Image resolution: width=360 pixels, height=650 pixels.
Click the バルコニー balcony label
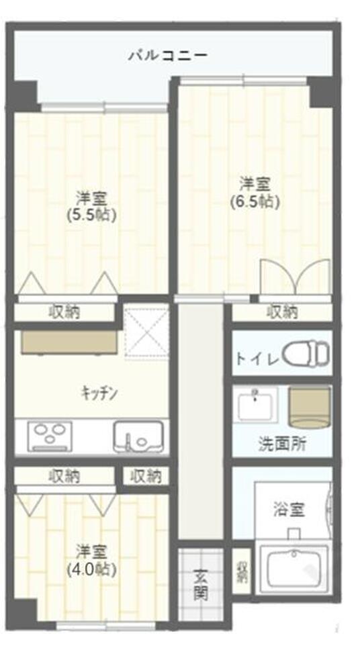pyautogui.click(x=167, y=55)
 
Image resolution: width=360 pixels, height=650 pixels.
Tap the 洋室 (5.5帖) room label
pyautogui.click(x=93, y=206)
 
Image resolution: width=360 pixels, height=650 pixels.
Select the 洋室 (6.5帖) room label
pyautogui.click(x=255, y=191)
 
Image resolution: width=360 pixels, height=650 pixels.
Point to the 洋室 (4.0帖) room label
pyautogui.click(x=93, y=561)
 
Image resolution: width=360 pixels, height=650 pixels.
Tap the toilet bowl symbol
pyautogui.click(x=306, y=353)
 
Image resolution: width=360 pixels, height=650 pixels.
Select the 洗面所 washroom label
pyautogui.click(x=279, y=443)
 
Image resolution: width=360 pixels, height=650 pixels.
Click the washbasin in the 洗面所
pyautogui.click(x=255, y=406)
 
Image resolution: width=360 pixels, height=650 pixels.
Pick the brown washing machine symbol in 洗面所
pyautogui.click(x=310, y=407)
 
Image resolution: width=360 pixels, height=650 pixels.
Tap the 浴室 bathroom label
pyautogui.click(x=289, y=509)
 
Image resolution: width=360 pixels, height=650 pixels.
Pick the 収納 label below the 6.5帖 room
pyautogui.click(x=282, y=312)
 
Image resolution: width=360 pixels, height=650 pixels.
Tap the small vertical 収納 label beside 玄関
pyautogui.click(x=241, y=571)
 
